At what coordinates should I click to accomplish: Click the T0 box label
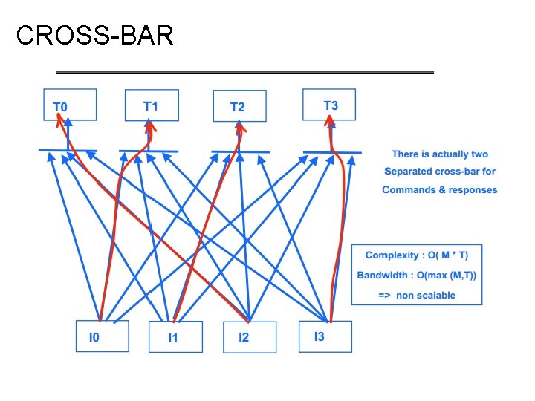pos(60,107)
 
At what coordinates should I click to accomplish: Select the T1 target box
pos(151,105)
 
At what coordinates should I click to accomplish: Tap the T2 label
pos(237,107)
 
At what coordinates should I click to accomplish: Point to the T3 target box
pos(329,105)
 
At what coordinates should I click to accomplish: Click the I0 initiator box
pos(103,336)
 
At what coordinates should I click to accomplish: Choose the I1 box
pos(175,338)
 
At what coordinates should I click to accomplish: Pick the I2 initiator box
pos(249,337)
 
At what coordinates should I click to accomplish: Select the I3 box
pos(325,336)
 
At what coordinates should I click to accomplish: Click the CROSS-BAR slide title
pos(94,35)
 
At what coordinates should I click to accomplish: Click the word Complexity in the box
pos(392,255)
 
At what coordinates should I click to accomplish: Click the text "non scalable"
pos(427,295)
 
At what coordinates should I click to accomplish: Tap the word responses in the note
pos(473,190)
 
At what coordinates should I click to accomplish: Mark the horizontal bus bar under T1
pos(148,151)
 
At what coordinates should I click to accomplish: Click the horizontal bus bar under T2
pos(239,152)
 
